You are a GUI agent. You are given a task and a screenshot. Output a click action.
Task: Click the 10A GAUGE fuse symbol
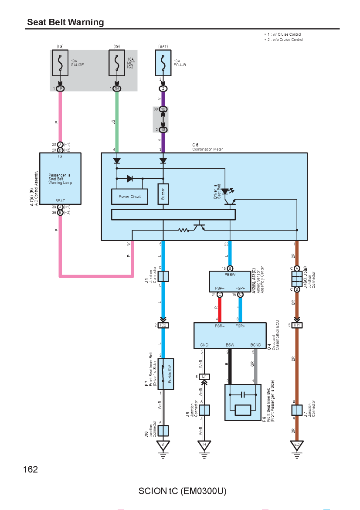pyautogui.click(x=60, y=63)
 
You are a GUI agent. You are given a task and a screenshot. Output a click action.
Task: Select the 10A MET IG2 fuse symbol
pyautogui.click(x=117, y=63)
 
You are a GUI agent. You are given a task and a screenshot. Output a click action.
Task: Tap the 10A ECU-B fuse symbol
pyautogui.click(x=163, y=63)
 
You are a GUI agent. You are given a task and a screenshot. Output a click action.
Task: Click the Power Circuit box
pyautogui.click(x=130, y=197)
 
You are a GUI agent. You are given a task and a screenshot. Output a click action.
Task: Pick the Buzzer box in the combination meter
pyautogui.click(x=163, y=194)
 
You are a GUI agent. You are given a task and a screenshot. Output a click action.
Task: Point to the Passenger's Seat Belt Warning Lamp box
pyautogui.click(x=60, y=179)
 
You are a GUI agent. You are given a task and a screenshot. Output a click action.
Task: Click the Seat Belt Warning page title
pyautogui.click(x=65, y=22)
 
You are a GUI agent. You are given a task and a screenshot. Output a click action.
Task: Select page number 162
pyautogui.click(x=31, y=469)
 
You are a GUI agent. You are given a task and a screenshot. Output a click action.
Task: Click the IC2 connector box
pyautogui.click(x=163, y=325)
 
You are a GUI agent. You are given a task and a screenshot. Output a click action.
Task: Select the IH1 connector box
pyautogui.click(x=296, y=325)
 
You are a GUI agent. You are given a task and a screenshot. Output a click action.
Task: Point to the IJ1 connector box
pyautogui.click(x=204, y=377)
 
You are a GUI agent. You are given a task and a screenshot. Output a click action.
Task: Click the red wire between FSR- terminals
pyautogui.click(x=220, y=310)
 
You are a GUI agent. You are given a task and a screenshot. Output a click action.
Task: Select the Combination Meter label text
pyautogui.click(x=207, y=149)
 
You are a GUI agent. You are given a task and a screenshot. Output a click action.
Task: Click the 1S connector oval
pyautogui.click(x=163, y=130)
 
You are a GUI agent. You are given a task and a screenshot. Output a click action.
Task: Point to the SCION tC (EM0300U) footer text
pyautogui.click(x=183, y=491)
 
